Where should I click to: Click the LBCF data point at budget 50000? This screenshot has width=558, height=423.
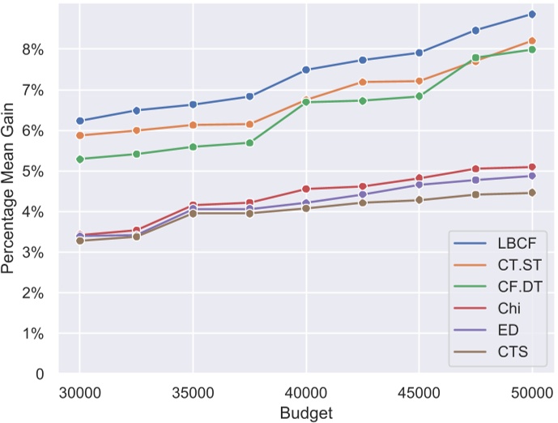[532, 15]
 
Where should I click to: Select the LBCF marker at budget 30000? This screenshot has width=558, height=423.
[80, 121]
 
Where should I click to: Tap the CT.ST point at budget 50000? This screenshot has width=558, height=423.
[532, 41]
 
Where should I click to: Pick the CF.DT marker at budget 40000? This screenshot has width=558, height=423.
[306, 102]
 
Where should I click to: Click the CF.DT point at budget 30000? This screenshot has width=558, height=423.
[80, 159]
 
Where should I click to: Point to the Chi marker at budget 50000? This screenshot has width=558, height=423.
[532, 167]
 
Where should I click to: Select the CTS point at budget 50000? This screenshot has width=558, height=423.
[532, 193]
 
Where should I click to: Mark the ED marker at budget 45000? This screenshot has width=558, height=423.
[419, 185]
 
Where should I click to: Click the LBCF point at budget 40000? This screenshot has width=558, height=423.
[306, 70]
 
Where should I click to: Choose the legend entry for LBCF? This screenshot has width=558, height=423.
[510, 243]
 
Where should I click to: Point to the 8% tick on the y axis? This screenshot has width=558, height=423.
[33, 49]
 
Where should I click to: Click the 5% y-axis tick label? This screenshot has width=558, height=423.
[33, 172]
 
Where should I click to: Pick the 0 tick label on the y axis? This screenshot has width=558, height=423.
[39, 374]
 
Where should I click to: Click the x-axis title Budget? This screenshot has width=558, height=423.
[306, 412]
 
